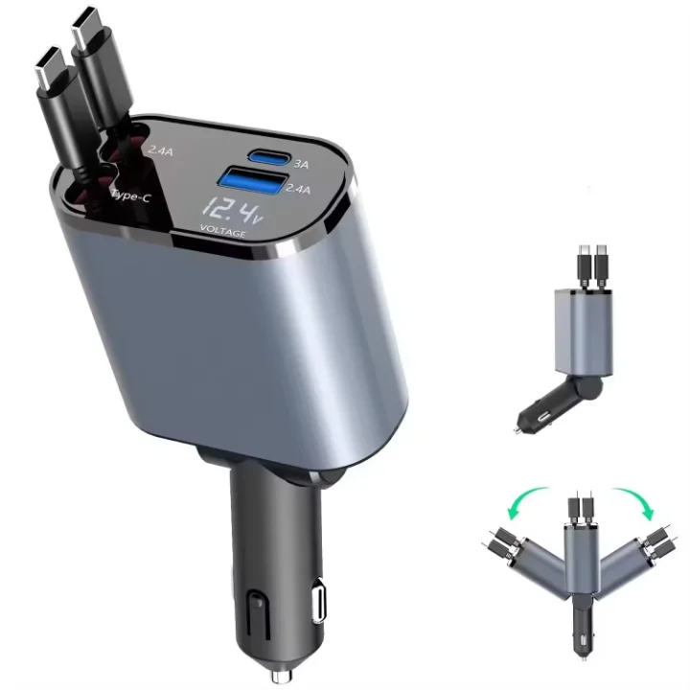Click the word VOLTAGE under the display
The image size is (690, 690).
pos(222,233)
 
